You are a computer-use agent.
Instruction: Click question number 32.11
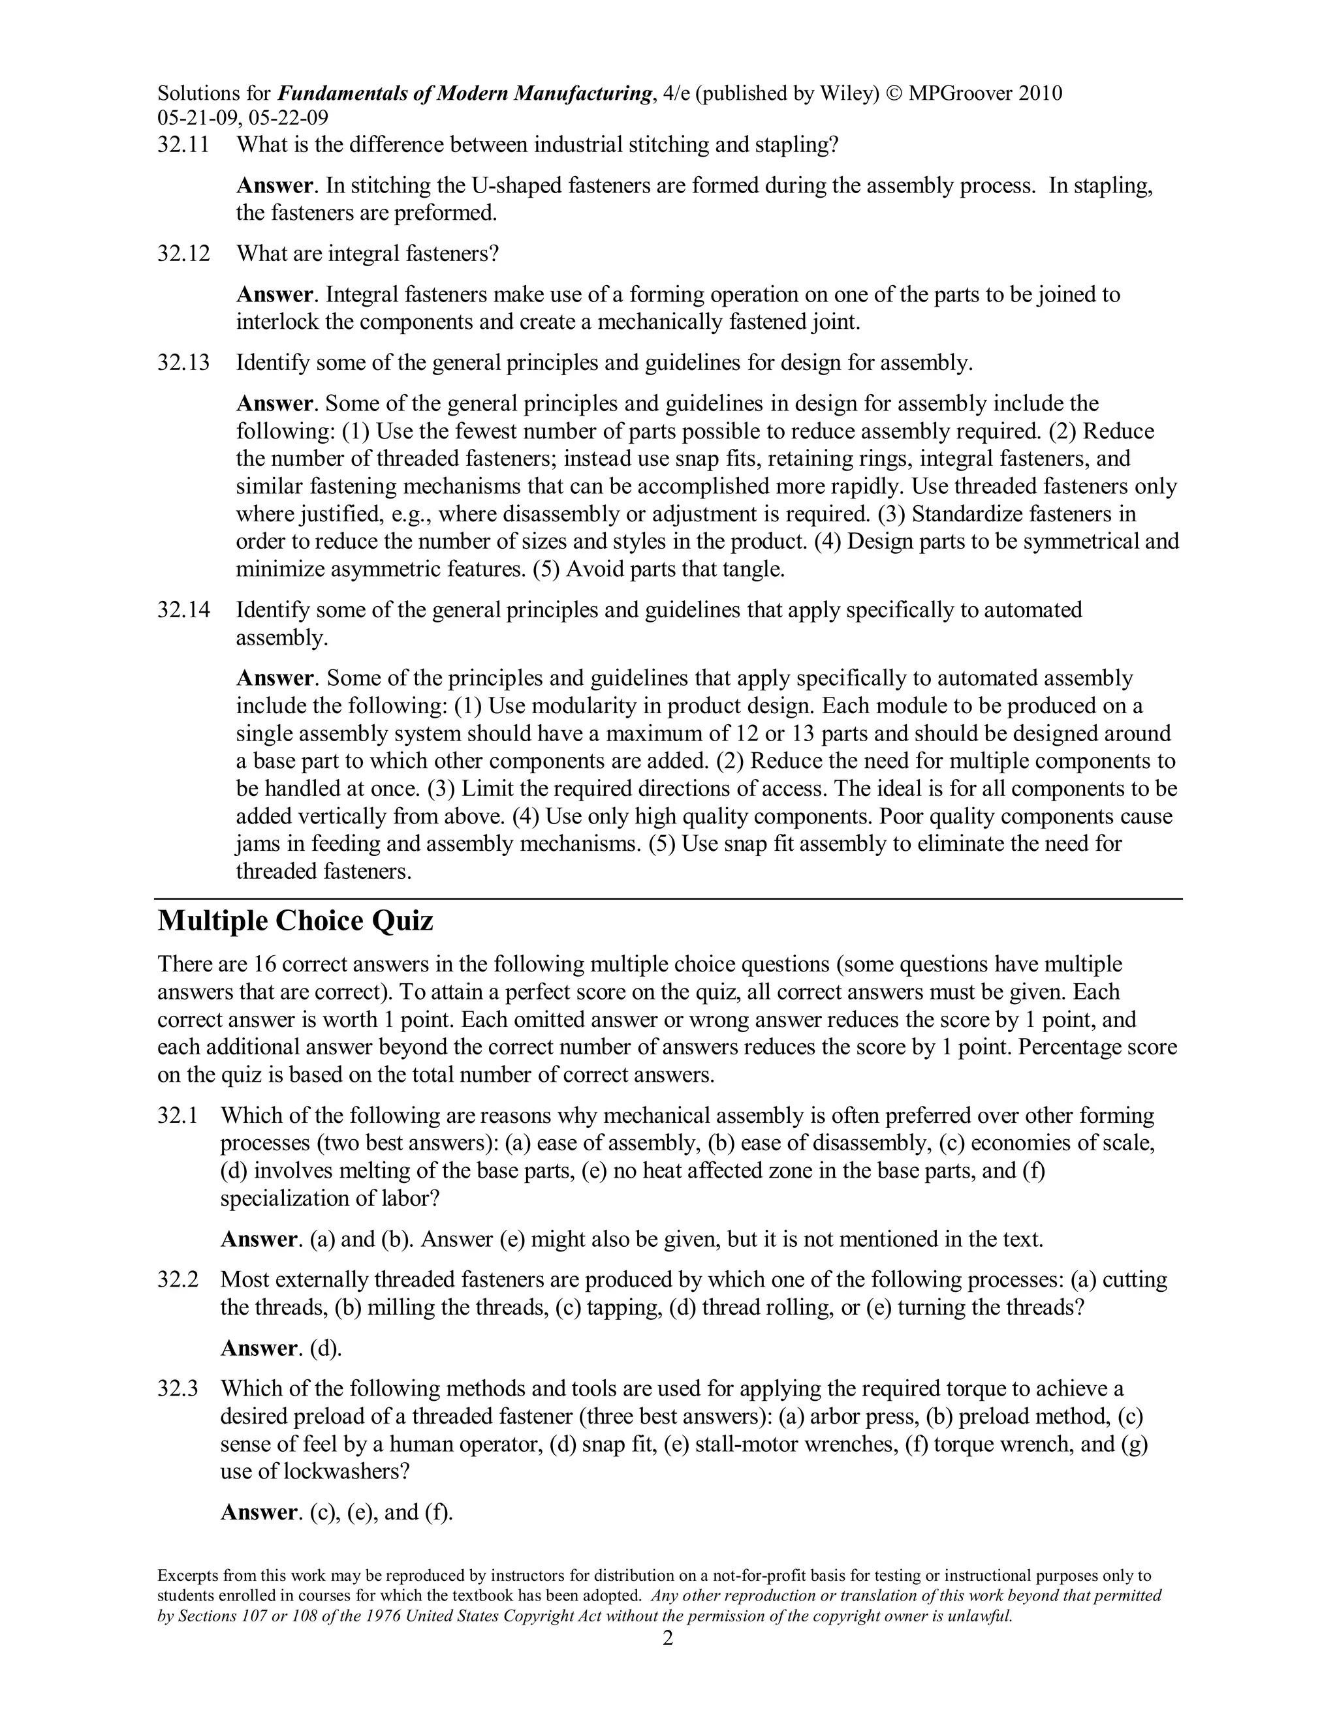pos(183,145)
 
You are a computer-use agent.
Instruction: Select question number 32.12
pos(183,254)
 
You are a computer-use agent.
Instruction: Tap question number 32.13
pos(183,363)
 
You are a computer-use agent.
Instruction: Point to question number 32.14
pos(183,611)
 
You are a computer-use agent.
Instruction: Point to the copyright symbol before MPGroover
pos(894,94)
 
